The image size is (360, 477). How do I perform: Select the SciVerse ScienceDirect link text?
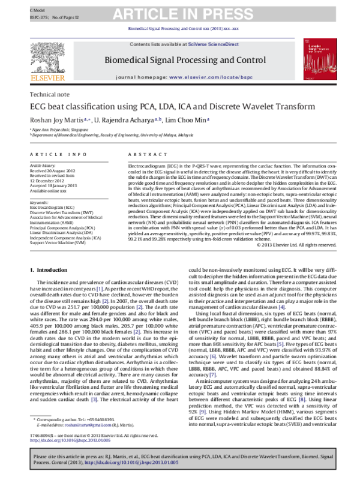point(211,44)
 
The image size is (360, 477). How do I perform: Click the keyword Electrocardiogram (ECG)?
point(55,208)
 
